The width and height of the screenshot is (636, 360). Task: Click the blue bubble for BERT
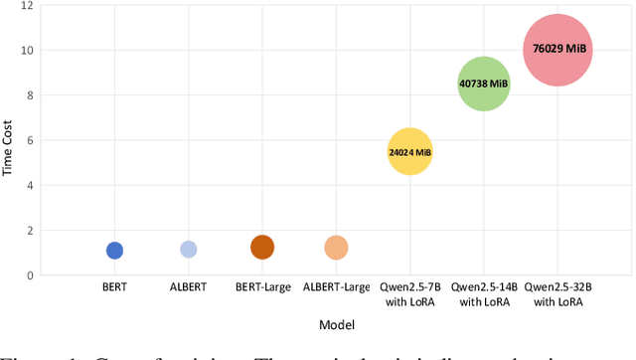114,251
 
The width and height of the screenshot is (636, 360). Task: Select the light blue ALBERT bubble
188,250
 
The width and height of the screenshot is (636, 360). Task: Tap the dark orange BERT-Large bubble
261,248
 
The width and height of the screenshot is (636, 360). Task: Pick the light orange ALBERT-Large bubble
336,248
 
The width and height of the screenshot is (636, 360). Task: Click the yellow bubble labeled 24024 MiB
409,152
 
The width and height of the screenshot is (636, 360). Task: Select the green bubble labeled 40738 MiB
483,85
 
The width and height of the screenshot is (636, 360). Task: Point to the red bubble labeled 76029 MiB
557,49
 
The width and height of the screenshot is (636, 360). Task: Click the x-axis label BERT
114,287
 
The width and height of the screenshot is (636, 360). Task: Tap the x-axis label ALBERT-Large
336,287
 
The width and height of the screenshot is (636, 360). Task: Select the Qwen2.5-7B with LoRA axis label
409,294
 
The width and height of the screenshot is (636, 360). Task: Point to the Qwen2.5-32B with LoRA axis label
557,294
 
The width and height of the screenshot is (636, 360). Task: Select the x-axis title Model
336,324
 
